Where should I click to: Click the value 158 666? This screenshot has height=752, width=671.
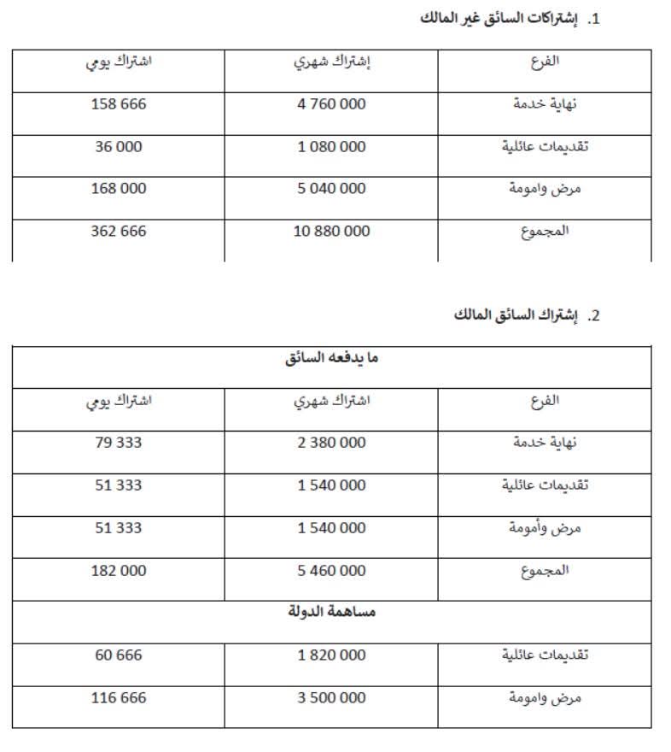[119, 104]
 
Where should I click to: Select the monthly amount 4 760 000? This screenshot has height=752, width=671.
[331, 104]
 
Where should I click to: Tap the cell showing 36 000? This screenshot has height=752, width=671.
[119, 146]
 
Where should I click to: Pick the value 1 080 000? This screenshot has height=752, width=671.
[331, 146]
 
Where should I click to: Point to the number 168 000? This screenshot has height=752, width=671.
[119, 188]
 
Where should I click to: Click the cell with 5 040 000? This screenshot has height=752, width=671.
[331, 188]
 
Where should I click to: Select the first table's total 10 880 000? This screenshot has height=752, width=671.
[331, 231]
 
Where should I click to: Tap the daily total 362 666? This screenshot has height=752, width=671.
[119, 231]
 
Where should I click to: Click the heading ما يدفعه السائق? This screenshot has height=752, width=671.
[332, 358]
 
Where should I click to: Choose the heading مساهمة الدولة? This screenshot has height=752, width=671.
[332, 612]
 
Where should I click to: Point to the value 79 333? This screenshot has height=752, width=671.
[119, 443]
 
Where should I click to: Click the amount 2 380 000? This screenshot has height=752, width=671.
[331, 443]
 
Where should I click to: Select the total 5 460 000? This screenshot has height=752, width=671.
[331, 570]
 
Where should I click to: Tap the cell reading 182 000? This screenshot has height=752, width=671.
[119, 570]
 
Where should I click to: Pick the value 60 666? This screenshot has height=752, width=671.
[119, 655]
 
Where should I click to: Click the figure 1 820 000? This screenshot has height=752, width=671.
[331, 655]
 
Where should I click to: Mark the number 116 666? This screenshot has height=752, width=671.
[119, 697]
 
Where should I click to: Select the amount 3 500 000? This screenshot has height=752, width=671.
[331, 697]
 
